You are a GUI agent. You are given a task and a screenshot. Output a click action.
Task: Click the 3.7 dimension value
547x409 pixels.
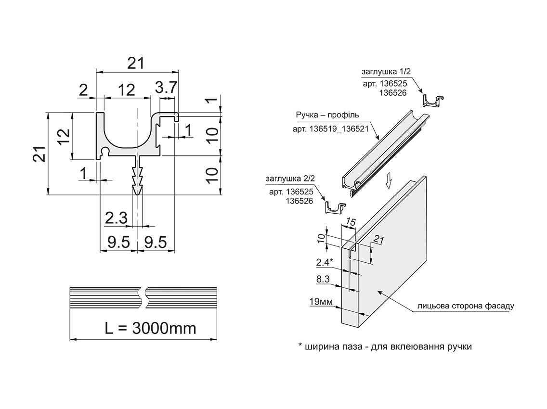coord(167,89)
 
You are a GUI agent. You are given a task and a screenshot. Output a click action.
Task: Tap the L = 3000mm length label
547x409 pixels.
coord(150,328)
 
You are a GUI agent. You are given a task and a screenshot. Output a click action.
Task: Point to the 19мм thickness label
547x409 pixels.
coord(321,302)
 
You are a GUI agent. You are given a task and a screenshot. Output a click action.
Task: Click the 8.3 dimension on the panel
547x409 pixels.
coord(324,279)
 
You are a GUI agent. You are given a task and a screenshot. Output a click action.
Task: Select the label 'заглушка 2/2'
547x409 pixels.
coord(290,179)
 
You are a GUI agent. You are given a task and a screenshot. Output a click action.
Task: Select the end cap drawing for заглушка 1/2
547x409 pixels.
coord(433,101)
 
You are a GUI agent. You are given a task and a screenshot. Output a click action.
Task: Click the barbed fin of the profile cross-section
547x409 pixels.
coord(138,178)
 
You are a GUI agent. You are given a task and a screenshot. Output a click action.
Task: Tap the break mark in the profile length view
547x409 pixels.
coord(143,298)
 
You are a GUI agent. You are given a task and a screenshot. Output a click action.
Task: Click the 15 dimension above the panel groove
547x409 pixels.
coord(351,223)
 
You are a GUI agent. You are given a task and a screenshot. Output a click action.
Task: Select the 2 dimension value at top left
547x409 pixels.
coord(83,89)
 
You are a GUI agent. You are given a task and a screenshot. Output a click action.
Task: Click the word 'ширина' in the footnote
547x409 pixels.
coord(322,347)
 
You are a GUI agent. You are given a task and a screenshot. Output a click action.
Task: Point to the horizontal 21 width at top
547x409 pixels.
coord(137,63)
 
